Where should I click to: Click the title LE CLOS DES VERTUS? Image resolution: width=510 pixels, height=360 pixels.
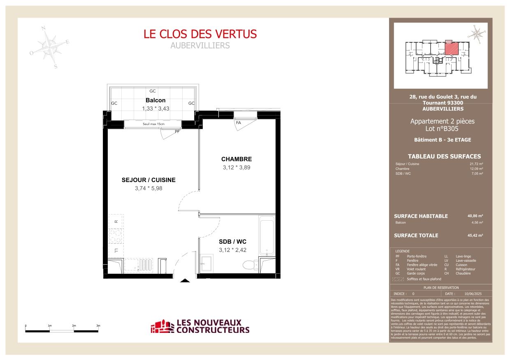[x=200, y=34]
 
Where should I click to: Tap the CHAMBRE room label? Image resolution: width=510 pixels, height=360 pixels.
[x=236, y=159]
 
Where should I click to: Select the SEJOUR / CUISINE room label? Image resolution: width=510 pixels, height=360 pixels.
[x=148, y=180]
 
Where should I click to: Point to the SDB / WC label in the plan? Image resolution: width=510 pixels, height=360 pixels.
[x=232, y=242]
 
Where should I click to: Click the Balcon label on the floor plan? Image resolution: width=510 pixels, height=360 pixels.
[x=155, y=100]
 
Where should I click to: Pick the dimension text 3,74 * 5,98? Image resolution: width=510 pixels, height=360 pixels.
[x=148, y=189]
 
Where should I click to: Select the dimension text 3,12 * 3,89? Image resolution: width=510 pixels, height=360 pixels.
[x=236, y=168]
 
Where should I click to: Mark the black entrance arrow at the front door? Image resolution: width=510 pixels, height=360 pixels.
[x=185, y=281]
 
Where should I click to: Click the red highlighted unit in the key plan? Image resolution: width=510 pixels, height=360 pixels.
[x=451, y=48]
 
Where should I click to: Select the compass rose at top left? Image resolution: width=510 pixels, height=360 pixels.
[x=50, y=47]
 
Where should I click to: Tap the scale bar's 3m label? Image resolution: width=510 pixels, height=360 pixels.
[x=98, y=325]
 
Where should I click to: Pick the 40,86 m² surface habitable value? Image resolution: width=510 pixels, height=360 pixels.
[x=475, y=216]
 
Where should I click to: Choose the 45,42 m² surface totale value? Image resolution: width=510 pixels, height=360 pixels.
[x=475, y=235]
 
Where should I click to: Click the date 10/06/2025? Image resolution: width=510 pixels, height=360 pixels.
[x=472, y=294]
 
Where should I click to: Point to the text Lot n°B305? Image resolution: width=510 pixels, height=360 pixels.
[x=442, y=129]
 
